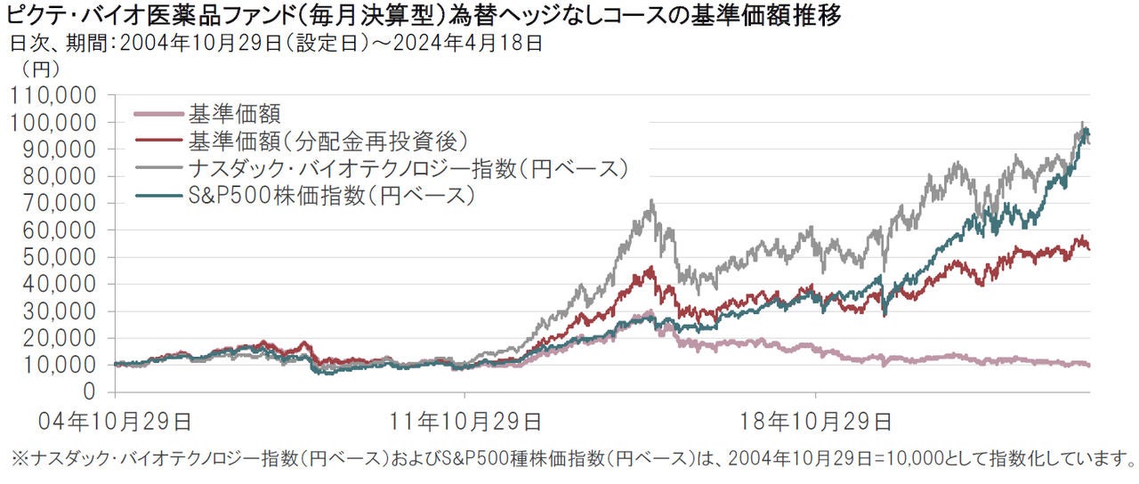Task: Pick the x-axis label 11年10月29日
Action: point(466,420)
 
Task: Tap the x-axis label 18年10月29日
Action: point(817,420)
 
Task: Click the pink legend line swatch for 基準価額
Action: point(158,114)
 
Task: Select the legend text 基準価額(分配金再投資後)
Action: point(328,141)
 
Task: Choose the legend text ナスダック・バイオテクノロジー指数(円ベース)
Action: point(408,168)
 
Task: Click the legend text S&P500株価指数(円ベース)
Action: point(328,196)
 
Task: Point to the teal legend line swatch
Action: point(158,196)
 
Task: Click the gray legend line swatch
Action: point(158,168)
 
